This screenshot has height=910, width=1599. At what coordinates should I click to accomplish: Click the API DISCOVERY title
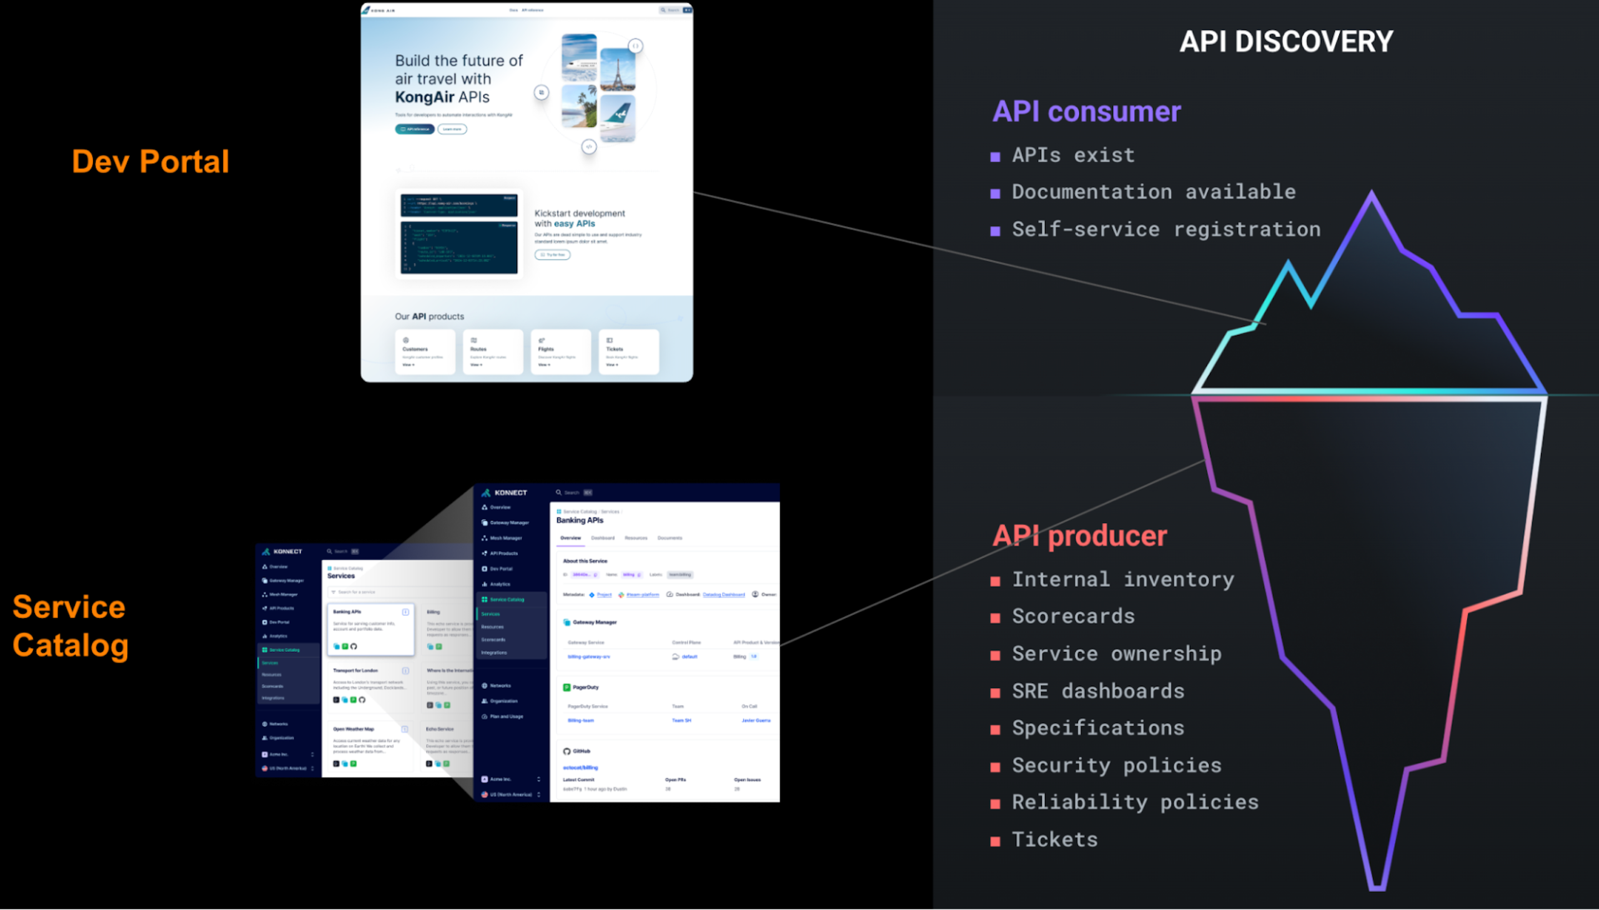coord(1285,42)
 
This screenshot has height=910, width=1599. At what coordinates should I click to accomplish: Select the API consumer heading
coord(1086,112)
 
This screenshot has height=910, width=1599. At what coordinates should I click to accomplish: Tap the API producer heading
coord(1079,536)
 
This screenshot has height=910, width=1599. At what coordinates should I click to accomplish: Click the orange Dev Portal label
coord(151,161)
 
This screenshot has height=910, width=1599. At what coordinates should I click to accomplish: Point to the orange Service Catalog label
coord(70,626)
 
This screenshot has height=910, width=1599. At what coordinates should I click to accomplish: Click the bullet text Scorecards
coord(1072,616)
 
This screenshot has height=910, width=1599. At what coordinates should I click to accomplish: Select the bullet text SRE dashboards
coord(1097,691)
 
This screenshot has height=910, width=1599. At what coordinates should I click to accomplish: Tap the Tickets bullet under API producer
coord(1054,839)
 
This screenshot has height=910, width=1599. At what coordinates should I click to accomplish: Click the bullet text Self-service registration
coord(1166,229)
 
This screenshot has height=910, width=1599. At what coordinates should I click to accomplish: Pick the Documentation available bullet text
coord(1153,192)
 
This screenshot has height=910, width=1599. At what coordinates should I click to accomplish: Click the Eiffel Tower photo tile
coord(617,70)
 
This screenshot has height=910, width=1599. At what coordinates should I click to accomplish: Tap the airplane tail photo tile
coord(617,118)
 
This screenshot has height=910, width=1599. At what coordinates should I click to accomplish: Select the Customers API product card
coord(425,352)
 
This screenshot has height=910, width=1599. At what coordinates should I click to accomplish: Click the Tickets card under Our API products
coord(628,352)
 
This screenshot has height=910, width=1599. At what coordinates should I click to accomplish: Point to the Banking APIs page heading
coord(580,520)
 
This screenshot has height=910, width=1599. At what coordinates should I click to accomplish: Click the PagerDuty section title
coord(585,687)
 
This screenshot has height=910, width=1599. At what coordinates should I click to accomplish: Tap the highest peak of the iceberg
coord(1371,195)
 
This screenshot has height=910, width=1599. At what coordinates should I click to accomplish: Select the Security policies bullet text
coord(1116,766)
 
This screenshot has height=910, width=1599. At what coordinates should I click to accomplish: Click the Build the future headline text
coord(458,79)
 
